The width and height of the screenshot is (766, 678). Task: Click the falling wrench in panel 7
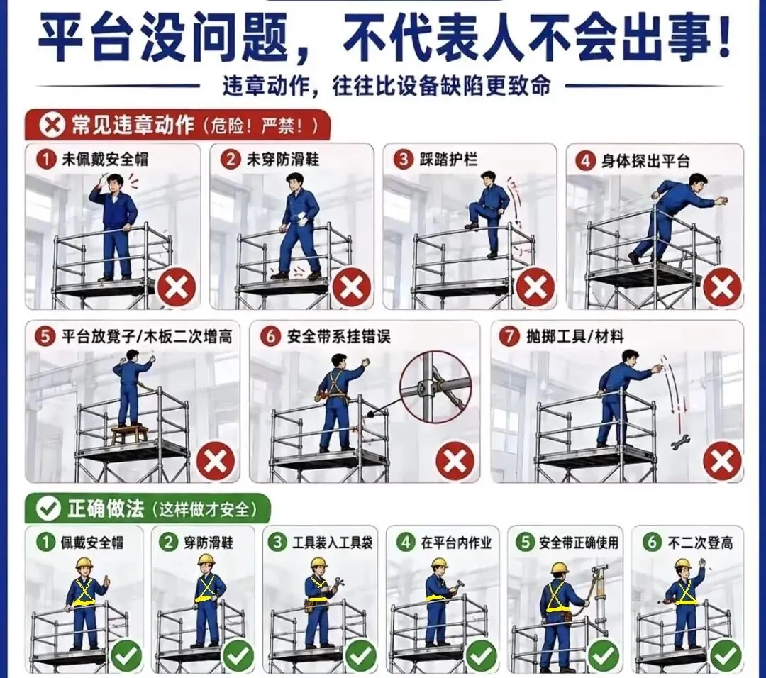pyautogui.click(x=680, y=442)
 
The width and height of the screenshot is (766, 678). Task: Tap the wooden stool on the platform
pyautogui.click(x=131, y=434)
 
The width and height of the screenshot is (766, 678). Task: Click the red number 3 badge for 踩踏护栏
pyautogui.click(x=404, y=160)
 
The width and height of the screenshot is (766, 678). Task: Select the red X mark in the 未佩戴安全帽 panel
pyautogui.click(x=176, y=288)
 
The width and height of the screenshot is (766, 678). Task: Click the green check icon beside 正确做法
pyautogui.click(x=48, y=508)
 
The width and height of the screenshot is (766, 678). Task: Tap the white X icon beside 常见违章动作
pyautogui.click(x=51, y=126)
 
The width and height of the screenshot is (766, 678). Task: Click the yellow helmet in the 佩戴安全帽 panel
pyautogui.click(x=84, y=565)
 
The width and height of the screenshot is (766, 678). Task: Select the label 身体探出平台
pyautogui.click(x=645, y=161)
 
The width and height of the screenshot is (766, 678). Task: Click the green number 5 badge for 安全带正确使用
pyautogui.click(x=526, y=543)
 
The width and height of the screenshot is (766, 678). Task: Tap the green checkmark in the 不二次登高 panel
pyautogui.click(x=726, y=655)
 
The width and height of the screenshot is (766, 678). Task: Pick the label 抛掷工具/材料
pyautogui.click(x=575, y=336)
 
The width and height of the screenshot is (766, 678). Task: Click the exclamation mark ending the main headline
pyautogui.click(x=721, y=37)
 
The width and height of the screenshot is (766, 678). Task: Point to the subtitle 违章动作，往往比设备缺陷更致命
pyautogui.click(x=387, y=87)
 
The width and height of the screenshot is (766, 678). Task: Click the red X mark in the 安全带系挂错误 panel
pyautogui.click(x=455, y=461)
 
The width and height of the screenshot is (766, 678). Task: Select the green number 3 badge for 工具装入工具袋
pyautogui.click(x=278, y=543)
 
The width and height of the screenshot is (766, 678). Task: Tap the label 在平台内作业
pyautogui.click(x=456, y=543)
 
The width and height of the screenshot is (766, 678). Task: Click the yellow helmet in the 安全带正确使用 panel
pyautogui.click(x=560, y=568)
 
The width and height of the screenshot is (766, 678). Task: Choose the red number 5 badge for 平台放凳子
pyautogui.click(x=45, y=336)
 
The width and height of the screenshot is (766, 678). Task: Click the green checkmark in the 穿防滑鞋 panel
pyautogui.click(x=238, y=655)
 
